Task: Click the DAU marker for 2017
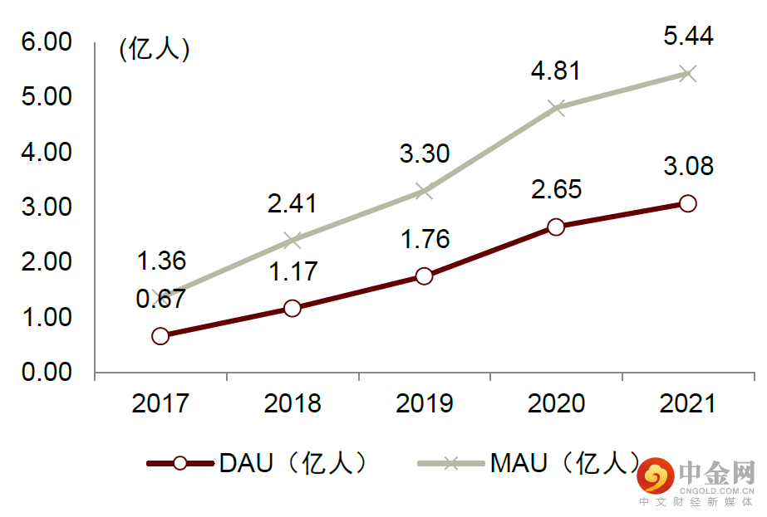point(160,336)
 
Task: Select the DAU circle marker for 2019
point(424,276)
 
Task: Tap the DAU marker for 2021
point(687,203)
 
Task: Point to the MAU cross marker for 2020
point(556,108)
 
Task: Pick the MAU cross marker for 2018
point(292,241)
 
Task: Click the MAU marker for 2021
point(687,73)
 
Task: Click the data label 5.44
point(688,36)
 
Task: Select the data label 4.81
point(556,71)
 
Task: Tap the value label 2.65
point(556,188)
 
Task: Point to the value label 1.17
point(292,271)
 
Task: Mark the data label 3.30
point(424,154)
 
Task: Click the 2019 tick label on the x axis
point(424,404)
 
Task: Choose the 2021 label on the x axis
point(687,404)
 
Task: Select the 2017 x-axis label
point(160,404)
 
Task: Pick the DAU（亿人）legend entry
point(258,463)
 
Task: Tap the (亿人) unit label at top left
point(155,50)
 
